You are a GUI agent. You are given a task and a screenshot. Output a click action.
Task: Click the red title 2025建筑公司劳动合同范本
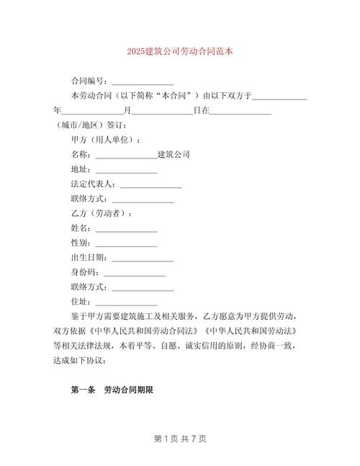point(180,53)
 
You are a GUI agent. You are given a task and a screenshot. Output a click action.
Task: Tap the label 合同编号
point(88,81)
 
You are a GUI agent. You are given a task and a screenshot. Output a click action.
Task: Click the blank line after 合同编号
point(143,81)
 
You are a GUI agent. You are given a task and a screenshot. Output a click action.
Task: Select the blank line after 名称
point(125,155)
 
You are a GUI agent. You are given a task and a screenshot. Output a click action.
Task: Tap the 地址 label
point(80,169)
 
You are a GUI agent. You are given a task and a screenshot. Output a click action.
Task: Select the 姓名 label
point(80,228)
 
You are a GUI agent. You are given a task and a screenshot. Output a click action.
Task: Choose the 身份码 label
point(84,272)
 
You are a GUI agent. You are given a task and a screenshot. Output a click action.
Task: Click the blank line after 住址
point(126,302)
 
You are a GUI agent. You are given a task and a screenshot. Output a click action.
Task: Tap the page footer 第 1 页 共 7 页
point(180,438)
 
